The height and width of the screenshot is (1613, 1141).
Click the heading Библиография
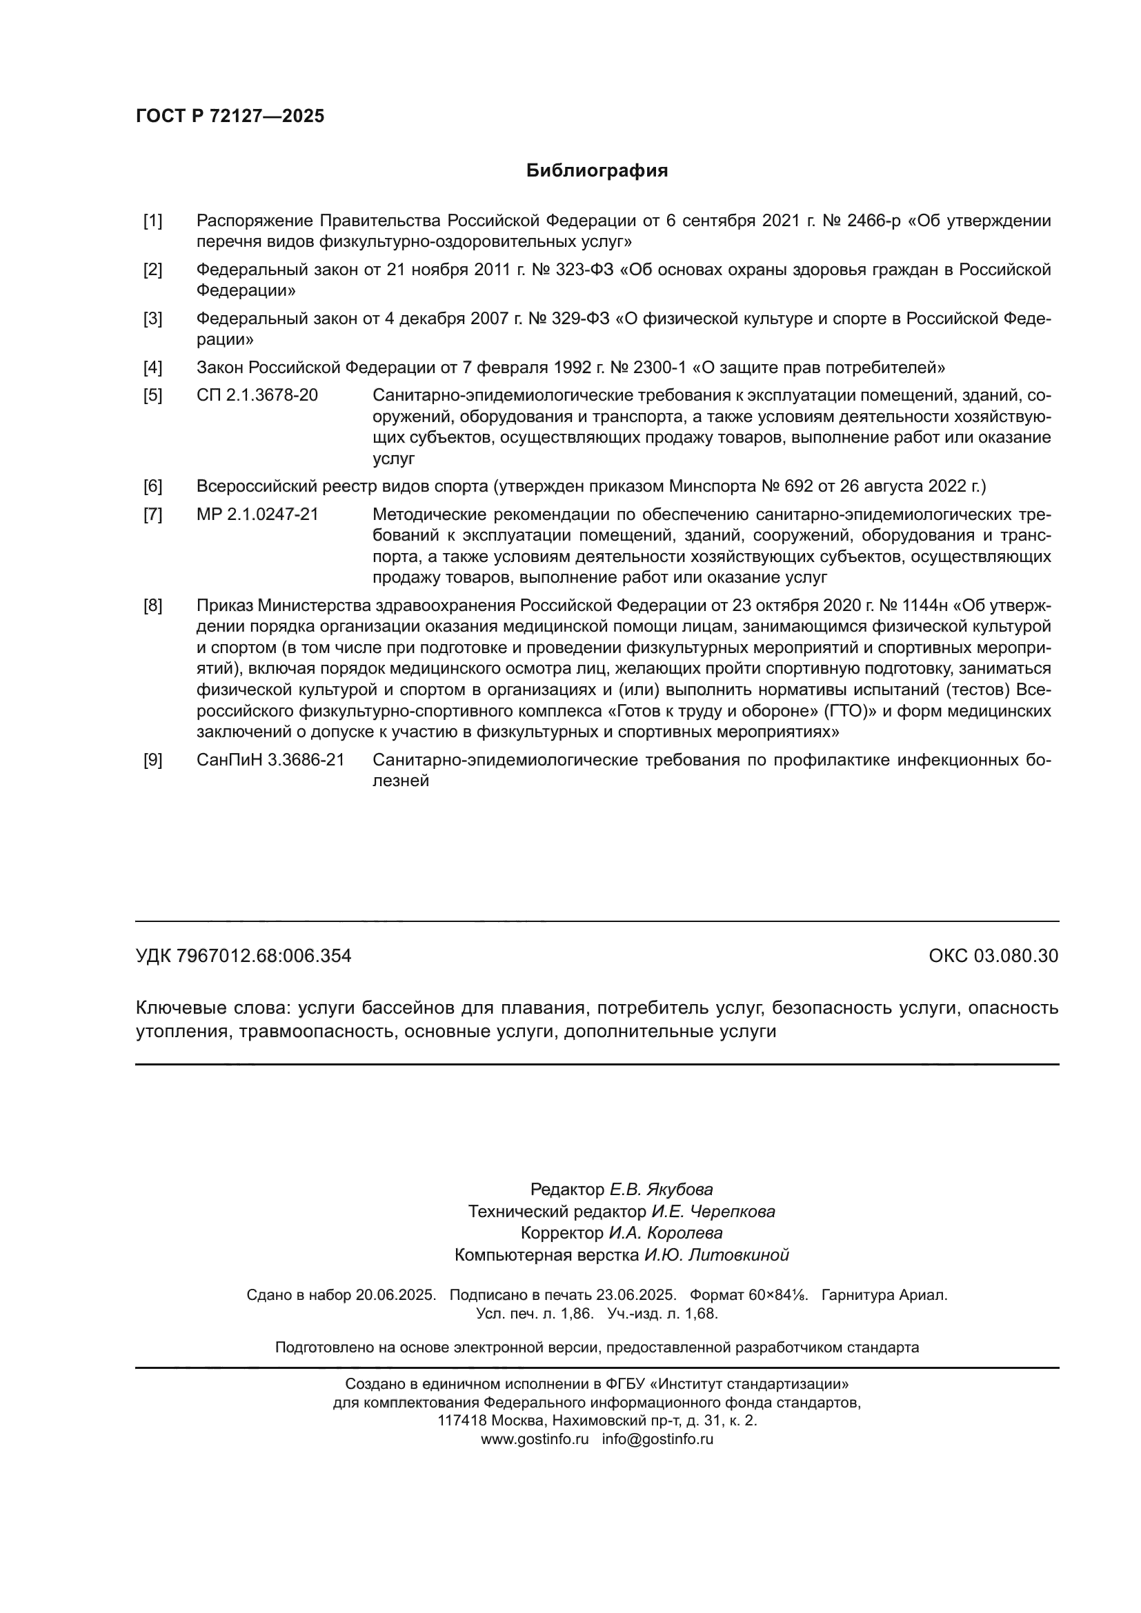click(597, 171)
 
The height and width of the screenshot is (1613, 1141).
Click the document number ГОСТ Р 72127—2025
click(230, 116)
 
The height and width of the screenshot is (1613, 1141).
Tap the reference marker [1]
click(152, 221)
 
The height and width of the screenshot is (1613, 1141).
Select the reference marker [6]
click(152, 486)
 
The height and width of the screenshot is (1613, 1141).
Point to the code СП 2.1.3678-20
click(257, 396)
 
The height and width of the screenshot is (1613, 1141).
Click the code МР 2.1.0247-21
click(257, 514)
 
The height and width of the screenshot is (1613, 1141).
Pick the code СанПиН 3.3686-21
click(270, 759)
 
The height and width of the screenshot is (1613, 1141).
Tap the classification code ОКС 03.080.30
click(993, 956)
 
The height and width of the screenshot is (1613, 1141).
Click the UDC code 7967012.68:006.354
click(264, 956)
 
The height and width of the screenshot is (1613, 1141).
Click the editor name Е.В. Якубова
click(660, 1190)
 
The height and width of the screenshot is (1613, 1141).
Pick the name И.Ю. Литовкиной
click(717, 1254)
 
